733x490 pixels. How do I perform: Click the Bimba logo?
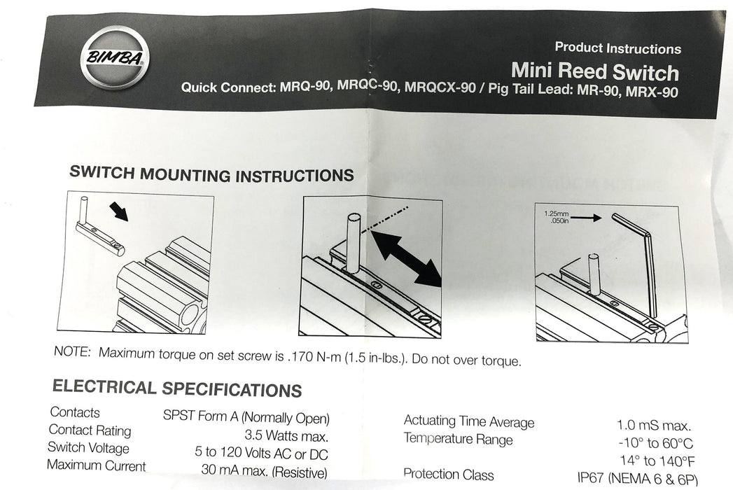click(115, 57)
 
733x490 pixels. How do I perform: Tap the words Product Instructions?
click(617, 48)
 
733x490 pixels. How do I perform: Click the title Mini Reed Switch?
click(594, 71)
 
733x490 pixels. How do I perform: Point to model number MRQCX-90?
click(440, 87)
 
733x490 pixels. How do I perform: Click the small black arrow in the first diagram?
click(118, 211)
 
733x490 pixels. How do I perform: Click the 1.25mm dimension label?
click(557, 213)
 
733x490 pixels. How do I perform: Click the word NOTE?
click(72, 351)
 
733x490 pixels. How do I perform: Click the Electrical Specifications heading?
click(177, 388)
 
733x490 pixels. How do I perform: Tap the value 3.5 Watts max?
click(286, 436)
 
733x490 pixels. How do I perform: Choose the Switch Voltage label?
click(88, 447)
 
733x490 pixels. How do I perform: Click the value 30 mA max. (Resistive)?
click(264, 471)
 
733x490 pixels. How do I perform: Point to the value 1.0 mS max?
click(653, 426)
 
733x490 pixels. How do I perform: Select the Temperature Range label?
click(458, 439)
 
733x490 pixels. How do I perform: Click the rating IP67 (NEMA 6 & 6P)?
click(638, 479)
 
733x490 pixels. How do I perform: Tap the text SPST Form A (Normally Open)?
click(246, 416)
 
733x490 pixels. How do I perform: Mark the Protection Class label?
click(448, 474)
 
